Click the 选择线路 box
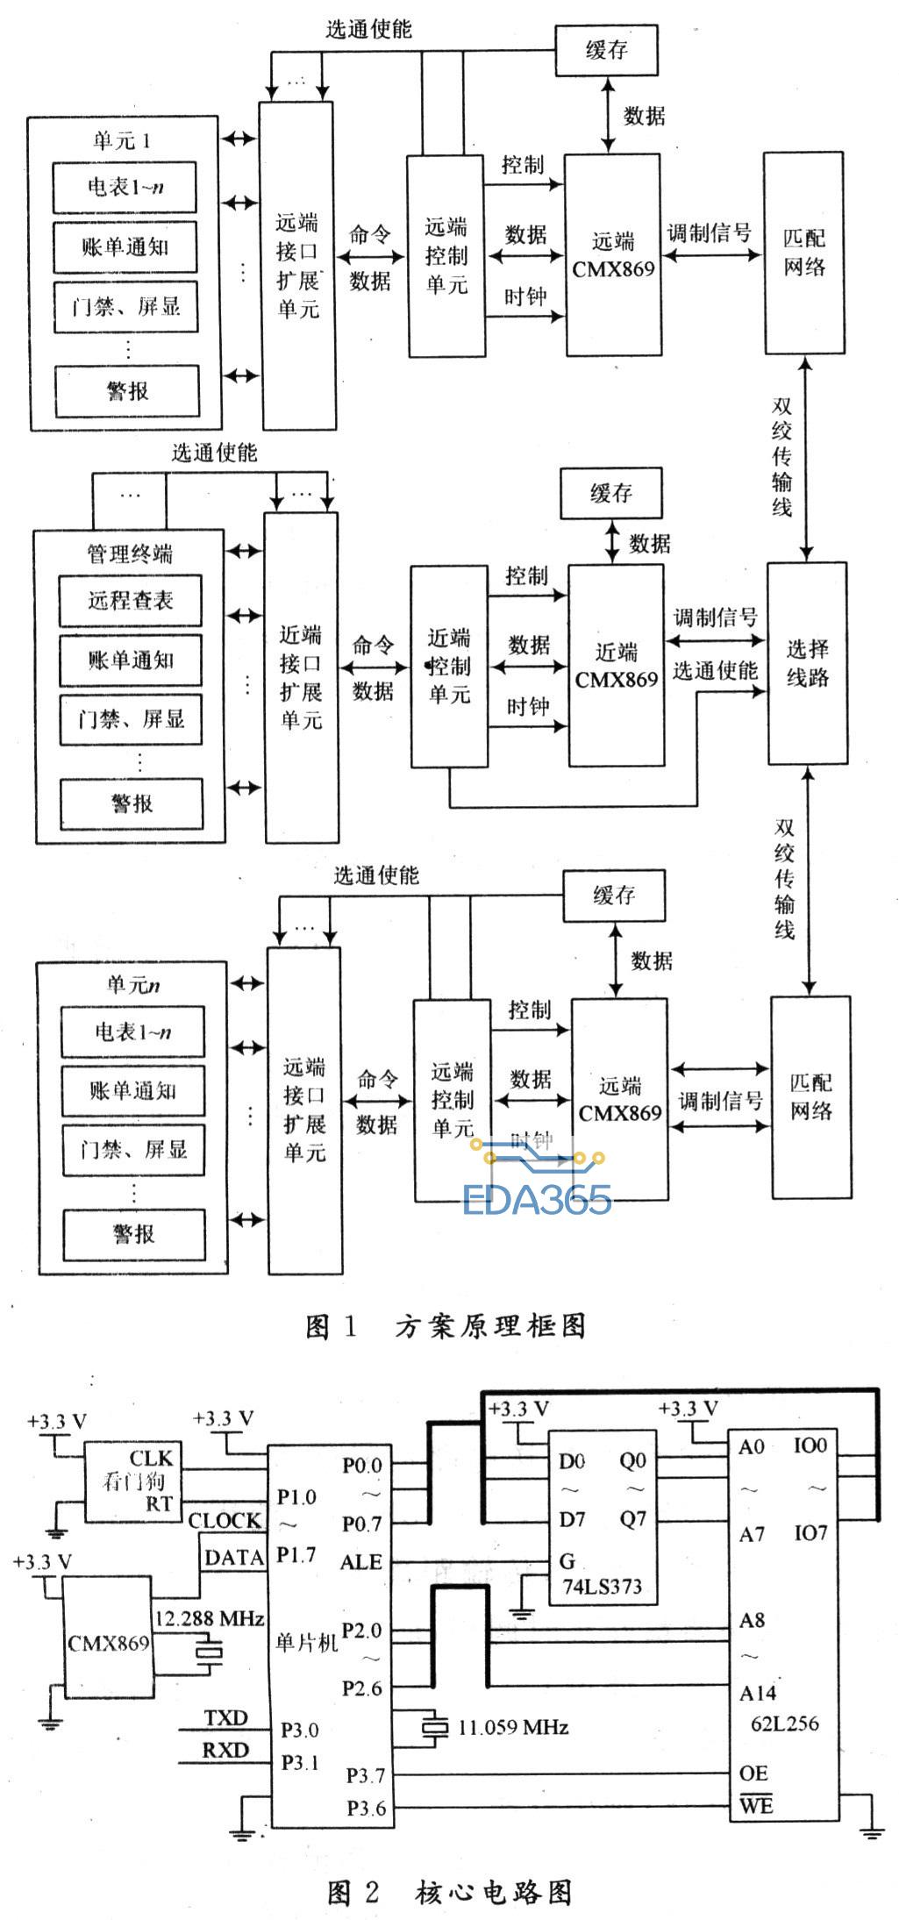tap(808, 663)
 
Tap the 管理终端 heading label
tap(130, 553)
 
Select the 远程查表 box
tap(131, 601)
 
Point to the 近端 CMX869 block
tap(617, 665)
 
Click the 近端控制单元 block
tap(449, 667)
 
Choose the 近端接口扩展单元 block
tap(301, 677)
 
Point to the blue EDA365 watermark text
tap(537, 1199)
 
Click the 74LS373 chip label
tap(603, 1587)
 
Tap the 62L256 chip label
tap(785, 1724)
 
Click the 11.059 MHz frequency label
tap(513, 1727)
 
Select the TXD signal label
tap(225, 1717)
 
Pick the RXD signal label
tap(225, 1750)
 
